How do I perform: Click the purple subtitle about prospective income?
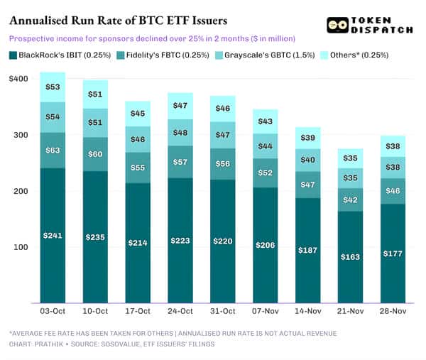(x=152, y=38)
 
